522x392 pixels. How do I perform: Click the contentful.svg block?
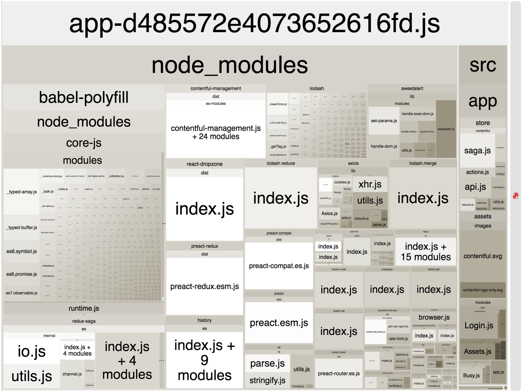click(483, 256)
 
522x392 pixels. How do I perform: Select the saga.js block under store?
click(477, 151)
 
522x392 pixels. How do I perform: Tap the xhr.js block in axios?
click(370, 184)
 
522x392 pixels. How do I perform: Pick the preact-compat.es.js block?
click(279, 266)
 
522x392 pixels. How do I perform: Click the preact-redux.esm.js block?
click(204, 286)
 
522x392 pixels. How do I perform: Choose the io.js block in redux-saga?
click(32, 351)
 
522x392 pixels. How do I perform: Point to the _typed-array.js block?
click(22, 192)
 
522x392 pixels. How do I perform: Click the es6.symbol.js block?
click(22, 251)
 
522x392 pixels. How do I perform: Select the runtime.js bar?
click(84, 308)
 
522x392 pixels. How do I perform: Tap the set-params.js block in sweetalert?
click(384, 121)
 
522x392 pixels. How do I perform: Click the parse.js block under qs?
click(267, 363)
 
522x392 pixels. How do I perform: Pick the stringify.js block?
click(267, 380)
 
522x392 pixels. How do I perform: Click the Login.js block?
click(479, 325)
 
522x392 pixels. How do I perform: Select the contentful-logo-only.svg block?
click(483, 290)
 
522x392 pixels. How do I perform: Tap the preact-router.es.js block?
click(339, 374)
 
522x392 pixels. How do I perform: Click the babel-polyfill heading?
click(84, 97)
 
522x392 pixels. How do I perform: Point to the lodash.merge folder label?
click(423, 163)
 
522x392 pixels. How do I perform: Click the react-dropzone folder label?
click(204, 164)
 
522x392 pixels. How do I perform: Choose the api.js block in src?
click(475, 187)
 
